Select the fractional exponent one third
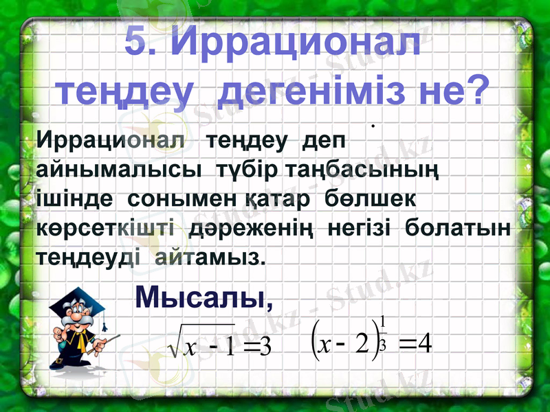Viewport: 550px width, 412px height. point(383,332)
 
